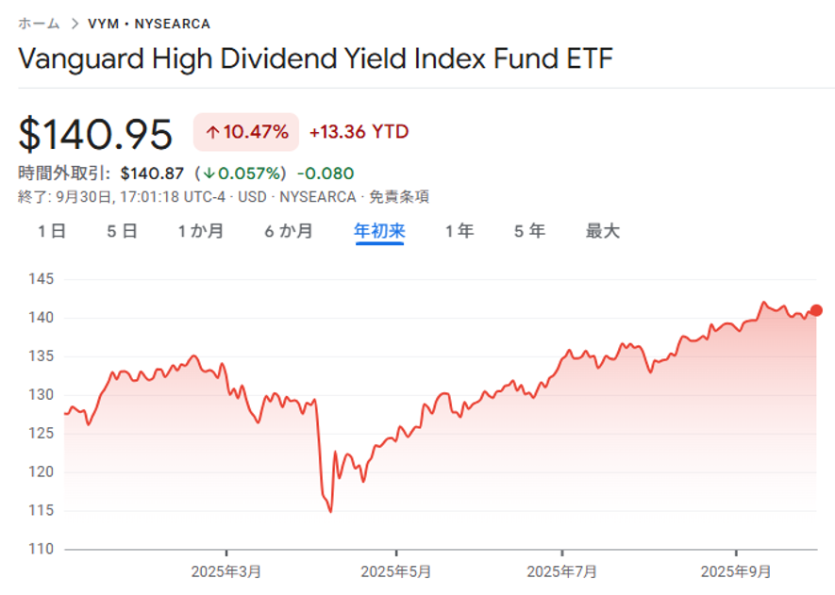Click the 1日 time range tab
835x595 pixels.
coord(52,231)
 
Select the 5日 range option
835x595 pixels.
coord(123,231)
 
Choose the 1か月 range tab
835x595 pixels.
coord(201,231)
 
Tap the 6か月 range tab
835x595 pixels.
coord(289,231)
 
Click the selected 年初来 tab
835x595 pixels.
coord(379,231)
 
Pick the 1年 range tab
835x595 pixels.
coord(459,231)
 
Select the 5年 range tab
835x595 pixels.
coord(530,231)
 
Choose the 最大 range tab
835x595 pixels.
coord(603,231)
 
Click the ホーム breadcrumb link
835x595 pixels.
coord(39,24)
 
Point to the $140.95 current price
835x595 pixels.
coord(95,135)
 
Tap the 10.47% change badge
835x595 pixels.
coord(246,132)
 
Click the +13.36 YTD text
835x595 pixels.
coord(359,132)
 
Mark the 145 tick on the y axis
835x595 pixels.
coord(42,279)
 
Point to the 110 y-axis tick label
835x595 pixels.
coord(42,549)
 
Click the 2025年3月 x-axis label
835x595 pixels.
coord(226,571)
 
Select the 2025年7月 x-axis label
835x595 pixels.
coord(561,571)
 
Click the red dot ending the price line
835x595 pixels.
coord(816,310)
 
